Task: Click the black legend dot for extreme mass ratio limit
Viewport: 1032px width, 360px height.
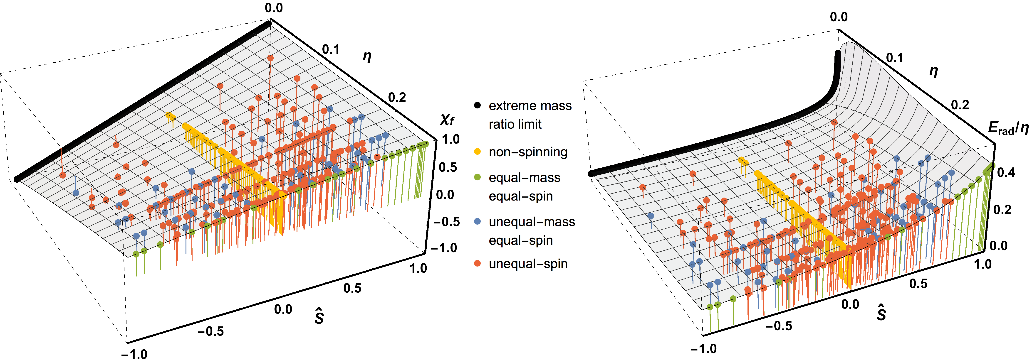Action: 477,106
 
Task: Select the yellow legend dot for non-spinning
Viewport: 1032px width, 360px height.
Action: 477,152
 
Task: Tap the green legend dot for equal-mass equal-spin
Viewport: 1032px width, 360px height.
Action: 477,177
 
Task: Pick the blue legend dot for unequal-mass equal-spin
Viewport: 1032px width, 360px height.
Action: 477,221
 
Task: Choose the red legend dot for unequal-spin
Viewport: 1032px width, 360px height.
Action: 477,264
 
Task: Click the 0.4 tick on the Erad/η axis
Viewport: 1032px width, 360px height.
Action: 1006,173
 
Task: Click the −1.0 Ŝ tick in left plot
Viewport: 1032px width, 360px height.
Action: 134,354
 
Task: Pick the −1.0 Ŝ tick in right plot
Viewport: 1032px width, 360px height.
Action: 703,348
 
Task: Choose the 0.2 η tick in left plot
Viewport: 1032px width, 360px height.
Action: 397,97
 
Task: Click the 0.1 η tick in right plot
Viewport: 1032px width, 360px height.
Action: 895,58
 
